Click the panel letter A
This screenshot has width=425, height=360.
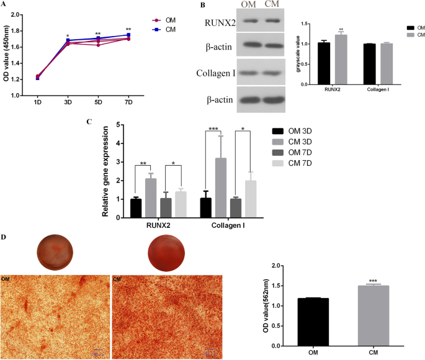point(4,4)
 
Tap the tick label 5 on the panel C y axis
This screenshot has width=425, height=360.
point(120,125)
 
